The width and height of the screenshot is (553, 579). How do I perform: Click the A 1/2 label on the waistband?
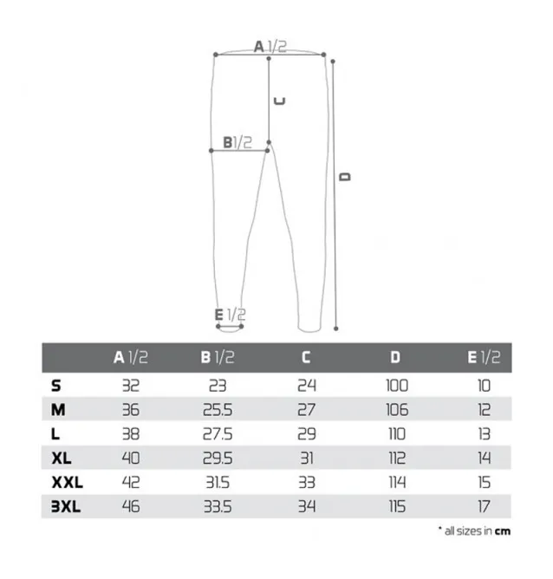point(269,47)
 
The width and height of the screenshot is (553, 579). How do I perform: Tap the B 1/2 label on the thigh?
point(237,142)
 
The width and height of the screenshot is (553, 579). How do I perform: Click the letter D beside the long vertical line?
point(345,176)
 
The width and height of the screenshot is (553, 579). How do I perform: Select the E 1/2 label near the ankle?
point(230,315)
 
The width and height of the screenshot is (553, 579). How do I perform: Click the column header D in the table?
point(395,357)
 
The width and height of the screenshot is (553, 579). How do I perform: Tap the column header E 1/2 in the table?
point(484,357)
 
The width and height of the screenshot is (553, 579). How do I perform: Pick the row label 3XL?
point(66,507)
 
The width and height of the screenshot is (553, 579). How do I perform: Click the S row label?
point(56,386)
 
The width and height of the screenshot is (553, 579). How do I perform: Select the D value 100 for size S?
point(396,386)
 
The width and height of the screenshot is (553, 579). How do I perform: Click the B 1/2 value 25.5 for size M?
point(217,410)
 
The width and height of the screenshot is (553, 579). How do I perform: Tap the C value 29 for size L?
point(305,434)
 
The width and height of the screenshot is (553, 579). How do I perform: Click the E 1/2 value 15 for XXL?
point(484,483)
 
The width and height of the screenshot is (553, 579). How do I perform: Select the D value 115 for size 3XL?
point(396,507)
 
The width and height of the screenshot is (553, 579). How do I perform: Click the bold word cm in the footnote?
point(502,531)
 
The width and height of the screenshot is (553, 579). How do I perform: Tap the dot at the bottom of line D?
point(336,329)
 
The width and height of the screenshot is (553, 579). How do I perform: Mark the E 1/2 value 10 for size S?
point(484,386)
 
